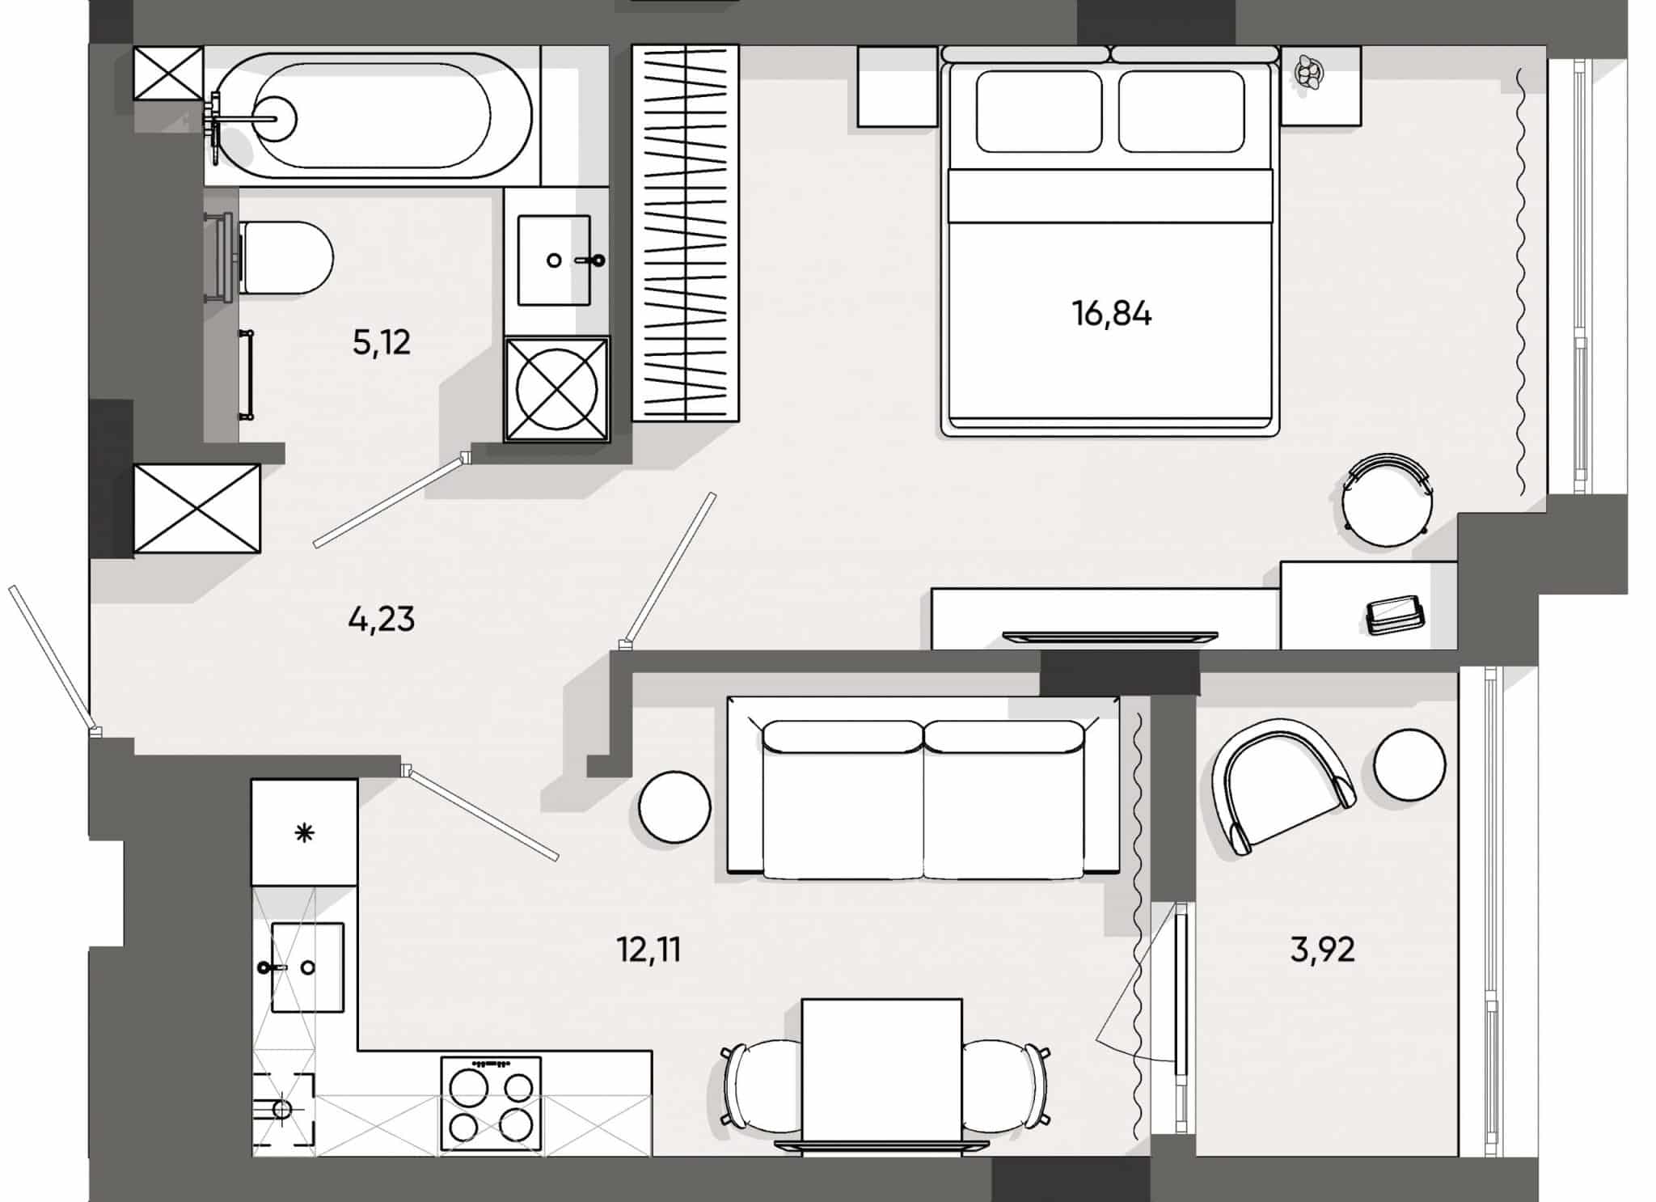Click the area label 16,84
[1112, 313]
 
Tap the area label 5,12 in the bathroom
[381, 343]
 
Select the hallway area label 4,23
[381, 620]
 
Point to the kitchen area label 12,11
[648, 949]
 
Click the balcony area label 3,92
[1322, 949]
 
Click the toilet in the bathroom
[287, 257]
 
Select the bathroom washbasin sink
[554, 260]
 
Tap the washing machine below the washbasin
[556, 389]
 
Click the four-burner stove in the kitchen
[491, 1103]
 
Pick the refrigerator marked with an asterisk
[304, 832]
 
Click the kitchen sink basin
[307, 967]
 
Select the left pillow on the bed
[1039, 111]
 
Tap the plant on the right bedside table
[1309, 73]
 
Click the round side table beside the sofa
[674, 807]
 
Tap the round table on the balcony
[1409, 764]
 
